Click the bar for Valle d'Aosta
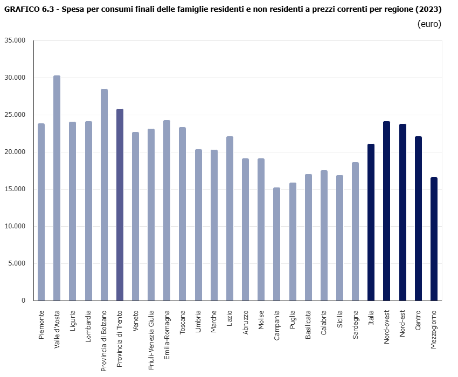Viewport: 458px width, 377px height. pyautogui.click(x=57, y=188)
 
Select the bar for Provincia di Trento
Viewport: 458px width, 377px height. pyautogui.click(x=120, y=205)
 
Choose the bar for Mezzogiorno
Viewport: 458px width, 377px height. pyautogui.click(x=434, y=239)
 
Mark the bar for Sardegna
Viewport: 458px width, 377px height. pyautogui.click(x=355, y=232)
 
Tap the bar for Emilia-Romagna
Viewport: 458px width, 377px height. pyautogui.click(x=166, y=211)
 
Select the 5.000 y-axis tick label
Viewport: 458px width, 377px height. pyautogui.click(x=17, y=263)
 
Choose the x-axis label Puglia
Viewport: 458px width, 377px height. pyautogui.click(x=293, y=322)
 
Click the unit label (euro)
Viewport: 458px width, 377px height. pyautogui.click(x=429, y=24)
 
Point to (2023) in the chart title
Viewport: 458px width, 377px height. pyautogui.click(x=427, y=9)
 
